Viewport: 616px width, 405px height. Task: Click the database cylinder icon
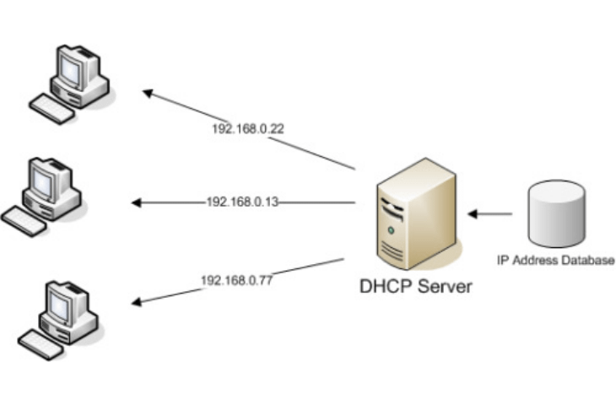tap(555, 214)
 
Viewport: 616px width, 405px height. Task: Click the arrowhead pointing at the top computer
tap(148, 93)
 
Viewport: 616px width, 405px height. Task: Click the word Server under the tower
tap(445, 287)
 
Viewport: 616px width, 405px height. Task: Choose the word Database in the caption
tap(590, 262)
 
